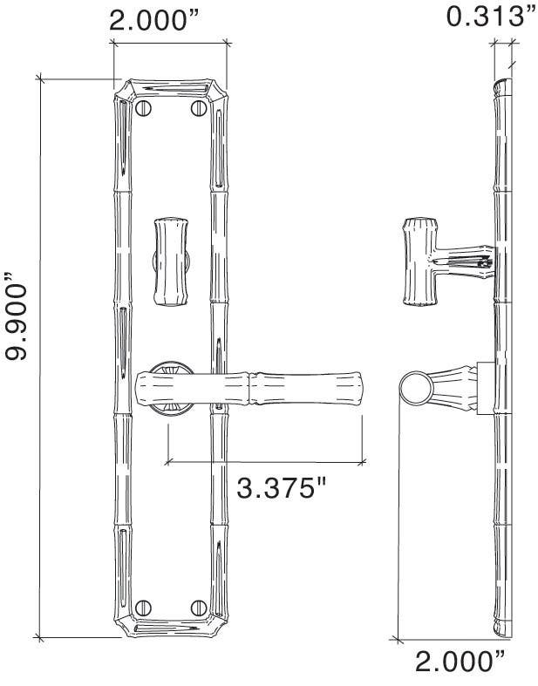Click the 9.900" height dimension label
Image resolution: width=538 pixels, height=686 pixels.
click(x=19, y=319)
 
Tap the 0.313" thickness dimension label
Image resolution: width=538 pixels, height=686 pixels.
click(x=489, y=16)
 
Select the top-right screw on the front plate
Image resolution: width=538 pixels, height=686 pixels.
click(x=197, y=109)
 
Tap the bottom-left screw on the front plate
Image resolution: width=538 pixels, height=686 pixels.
click(x=144, y=607)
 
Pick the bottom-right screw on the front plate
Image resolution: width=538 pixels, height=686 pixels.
click(x=197, y=607)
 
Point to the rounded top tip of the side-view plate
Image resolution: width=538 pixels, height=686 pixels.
click(x=502, y=85)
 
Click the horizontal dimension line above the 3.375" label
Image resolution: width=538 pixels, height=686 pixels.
click(x=266, y=459)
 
